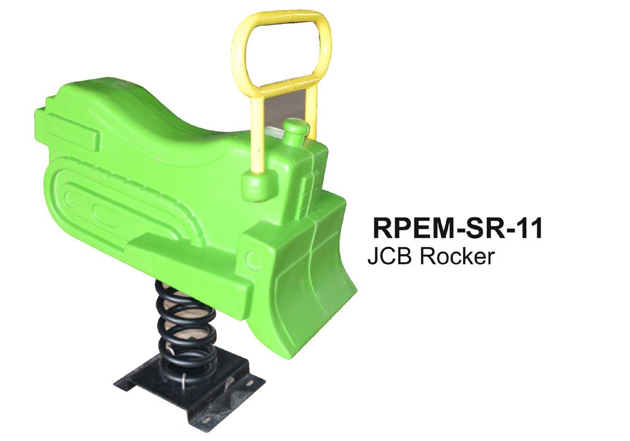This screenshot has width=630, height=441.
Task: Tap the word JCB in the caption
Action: coord(389,256)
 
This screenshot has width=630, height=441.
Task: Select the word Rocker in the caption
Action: coord(457,256)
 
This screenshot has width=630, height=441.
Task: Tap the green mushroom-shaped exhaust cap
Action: coord(296,129)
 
